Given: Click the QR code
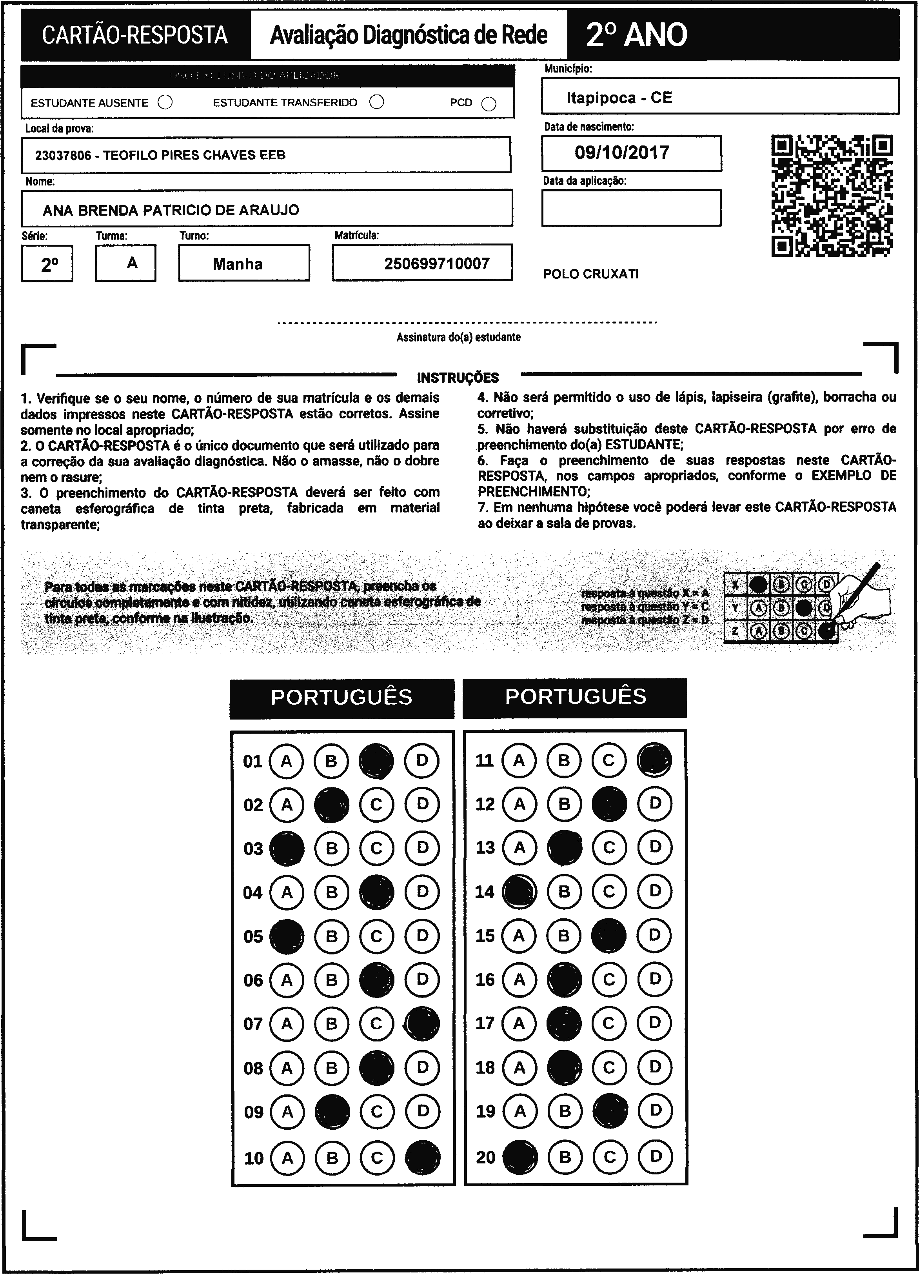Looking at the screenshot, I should click(x=832, y=196).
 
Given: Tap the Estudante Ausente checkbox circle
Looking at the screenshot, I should click(x=165, y=103).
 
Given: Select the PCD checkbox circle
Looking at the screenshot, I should click(x=489, y=104).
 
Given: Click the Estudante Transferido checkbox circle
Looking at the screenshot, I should click(x=376, y=102).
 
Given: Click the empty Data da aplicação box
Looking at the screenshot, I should click(x=631, y=208).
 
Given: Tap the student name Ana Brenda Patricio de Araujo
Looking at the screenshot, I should click(x=171, y=210).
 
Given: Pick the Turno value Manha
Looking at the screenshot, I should click(x=238, y=264).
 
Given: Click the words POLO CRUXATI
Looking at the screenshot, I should click(x=591, y=274).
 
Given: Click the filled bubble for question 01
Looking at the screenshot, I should click(x=376, y=761).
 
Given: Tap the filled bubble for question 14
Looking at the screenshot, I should click(x=519, y=891).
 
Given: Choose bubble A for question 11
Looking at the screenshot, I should click(x=519, y=760).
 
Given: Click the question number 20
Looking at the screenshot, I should click(x=485, y=1157).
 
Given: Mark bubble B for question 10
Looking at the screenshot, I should click(x=332, y=1158).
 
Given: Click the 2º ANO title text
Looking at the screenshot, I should click(x=636, y=35).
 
